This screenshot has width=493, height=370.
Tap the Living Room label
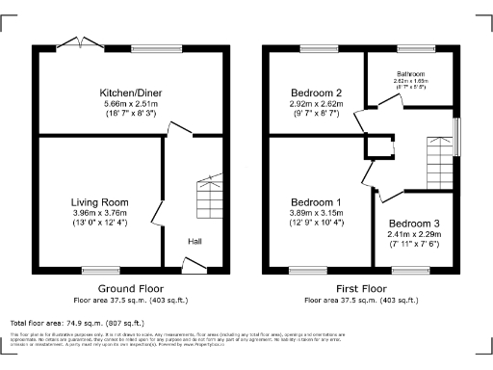tap(99, 201)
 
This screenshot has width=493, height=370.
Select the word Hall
tap(195, 242)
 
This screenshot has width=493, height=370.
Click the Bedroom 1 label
tap(317, 201)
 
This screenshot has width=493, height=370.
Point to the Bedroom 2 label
tap(317, 92)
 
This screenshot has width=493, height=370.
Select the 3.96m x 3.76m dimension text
tap(99, 213)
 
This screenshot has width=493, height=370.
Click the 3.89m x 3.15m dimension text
tap(317, 213)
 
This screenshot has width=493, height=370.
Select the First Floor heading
tap(362, 288)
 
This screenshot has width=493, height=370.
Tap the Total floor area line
tap(77, 323)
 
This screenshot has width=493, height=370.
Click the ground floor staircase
tap(209, 198)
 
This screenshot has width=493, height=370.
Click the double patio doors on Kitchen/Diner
tap(80, 44)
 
